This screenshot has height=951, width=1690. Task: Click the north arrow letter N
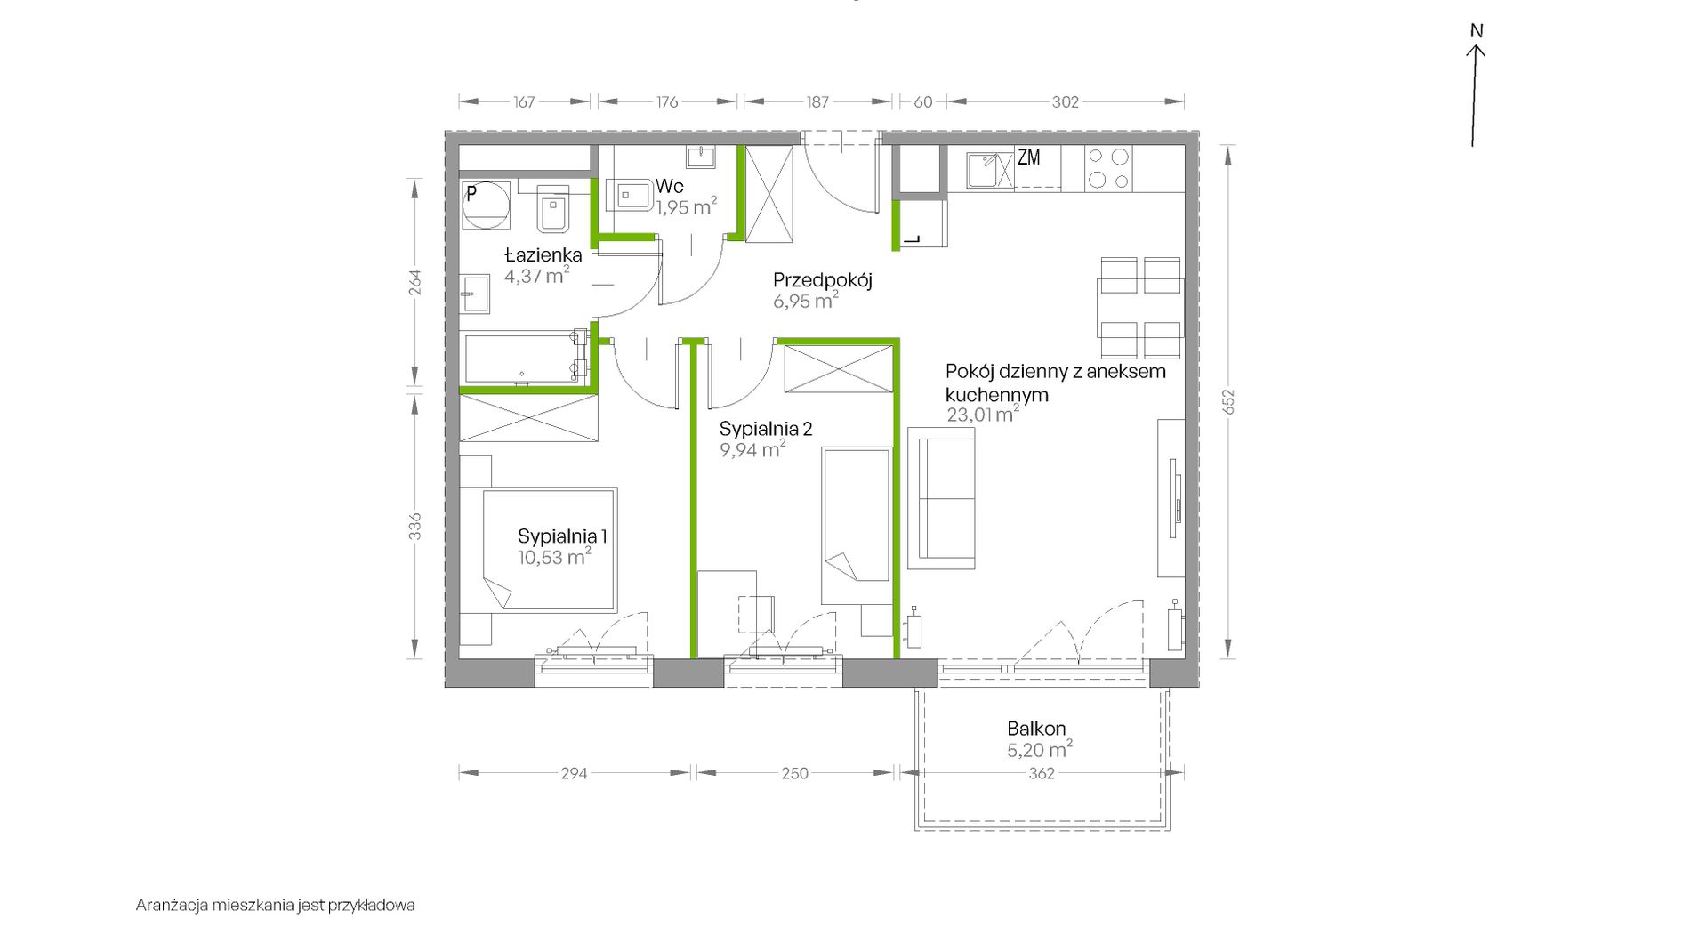1477,31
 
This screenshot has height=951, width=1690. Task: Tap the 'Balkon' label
1036,729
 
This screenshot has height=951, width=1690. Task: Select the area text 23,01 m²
983,414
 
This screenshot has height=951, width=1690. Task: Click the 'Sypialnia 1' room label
562,536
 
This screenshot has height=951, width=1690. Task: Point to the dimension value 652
1228,402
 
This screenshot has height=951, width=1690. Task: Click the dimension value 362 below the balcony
1041,774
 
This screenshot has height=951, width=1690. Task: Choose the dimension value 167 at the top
524,102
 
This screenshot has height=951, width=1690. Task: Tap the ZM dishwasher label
1029,157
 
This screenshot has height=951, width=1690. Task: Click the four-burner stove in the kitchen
1108,168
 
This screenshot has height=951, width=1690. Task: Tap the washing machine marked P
486,206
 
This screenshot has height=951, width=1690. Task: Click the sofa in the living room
941,498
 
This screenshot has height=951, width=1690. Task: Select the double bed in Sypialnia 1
550,549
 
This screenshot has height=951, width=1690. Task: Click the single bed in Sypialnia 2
857,526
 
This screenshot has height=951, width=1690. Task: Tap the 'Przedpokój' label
822,280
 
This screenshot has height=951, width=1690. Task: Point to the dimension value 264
414,282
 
